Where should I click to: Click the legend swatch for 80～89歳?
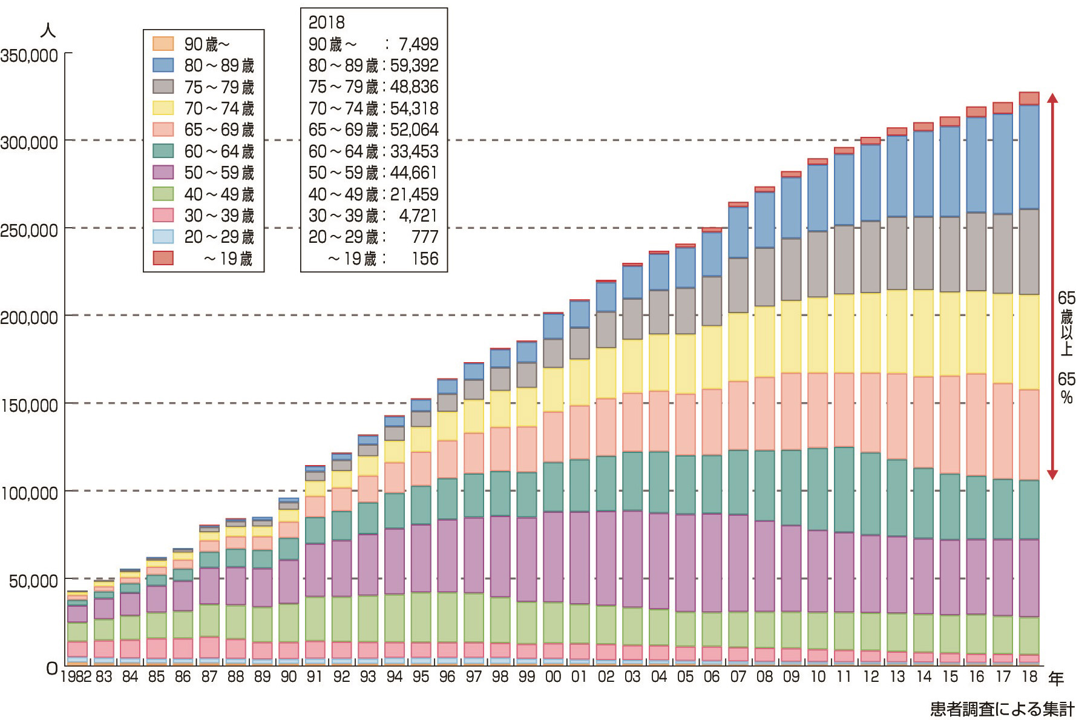163,65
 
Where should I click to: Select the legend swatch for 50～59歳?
163,173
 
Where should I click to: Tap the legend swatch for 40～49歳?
163,194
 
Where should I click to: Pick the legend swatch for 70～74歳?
163,108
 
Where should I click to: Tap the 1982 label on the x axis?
76,676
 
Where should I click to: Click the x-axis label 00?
553,676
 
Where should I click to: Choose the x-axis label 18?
1029,676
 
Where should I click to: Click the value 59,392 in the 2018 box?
415,65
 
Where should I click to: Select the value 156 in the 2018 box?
425,259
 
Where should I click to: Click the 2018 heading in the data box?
326,22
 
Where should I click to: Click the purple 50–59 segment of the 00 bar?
553,557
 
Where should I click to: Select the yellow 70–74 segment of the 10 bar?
818,335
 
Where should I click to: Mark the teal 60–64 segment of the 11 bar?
844,489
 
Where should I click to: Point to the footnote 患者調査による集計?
1002,708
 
